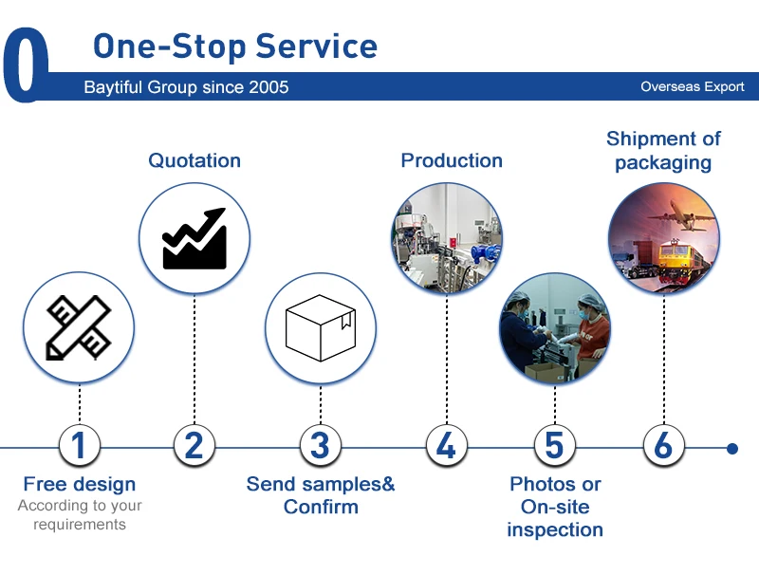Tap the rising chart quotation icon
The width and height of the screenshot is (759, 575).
click(x=194, y=237)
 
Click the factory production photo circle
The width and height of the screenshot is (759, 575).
click(x=447, y=237)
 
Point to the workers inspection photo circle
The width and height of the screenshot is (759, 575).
click(x=554, y=329)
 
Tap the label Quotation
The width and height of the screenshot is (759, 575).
click(x=194, y=160)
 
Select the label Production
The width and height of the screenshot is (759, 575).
click(x=452, y=160)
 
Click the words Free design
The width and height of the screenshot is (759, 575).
click(x=80, y=485)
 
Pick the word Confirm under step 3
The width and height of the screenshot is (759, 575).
click(x=321, y=507)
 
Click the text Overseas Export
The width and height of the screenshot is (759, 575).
click(x=693, y=87)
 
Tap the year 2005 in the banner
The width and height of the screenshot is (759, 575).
click(x=268, y=87)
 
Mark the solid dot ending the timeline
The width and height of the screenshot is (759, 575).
click(x=732, y=448)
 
